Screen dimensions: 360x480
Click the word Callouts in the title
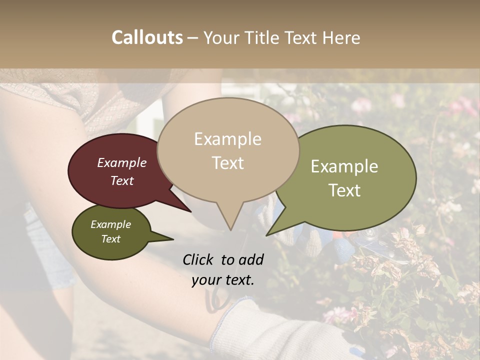tap(147, 37)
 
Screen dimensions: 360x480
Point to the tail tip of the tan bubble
tap(230, 229)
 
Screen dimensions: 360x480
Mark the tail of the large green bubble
tap(268, 234)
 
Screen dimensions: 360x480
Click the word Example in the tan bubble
tap(227, 139)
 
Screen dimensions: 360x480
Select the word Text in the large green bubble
tap(344, 190)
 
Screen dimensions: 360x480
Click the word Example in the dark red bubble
tap(121, 162)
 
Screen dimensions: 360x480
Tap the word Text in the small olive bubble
tap(110, 239)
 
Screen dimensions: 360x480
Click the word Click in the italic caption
tap(199, 259)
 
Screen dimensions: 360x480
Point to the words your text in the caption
tap(223, 280)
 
